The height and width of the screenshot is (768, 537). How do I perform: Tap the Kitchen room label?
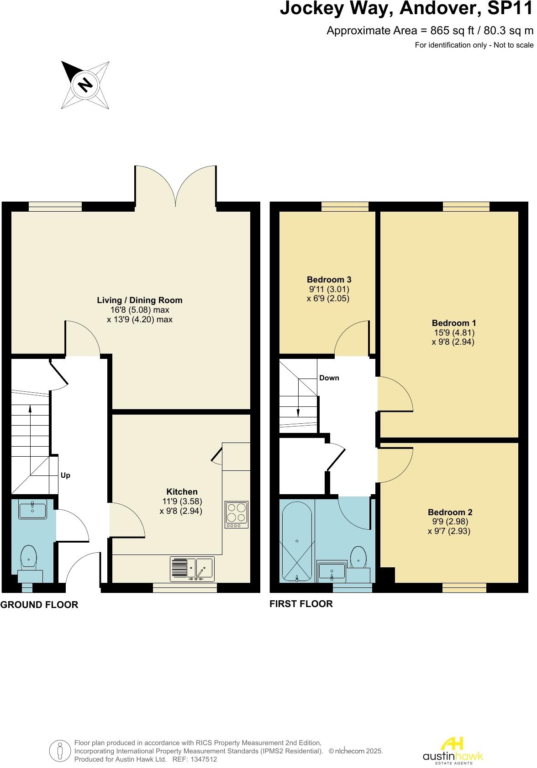click(182, 492)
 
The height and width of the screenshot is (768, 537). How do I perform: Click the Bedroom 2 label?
click(450, 512)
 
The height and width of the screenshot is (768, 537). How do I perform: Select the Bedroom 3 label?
click(329, 280)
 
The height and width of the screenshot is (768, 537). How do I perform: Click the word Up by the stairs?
click(65, 476)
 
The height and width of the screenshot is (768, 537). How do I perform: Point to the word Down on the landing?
click(329, 378)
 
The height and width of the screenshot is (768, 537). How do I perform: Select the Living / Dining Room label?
click(140, 300)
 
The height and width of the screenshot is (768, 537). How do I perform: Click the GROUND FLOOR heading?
click(39, 605)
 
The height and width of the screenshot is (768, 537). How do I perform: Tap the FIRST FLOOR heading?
click(301, 604)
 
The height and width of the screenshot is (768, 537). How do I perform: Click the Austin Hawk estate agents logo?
click(453, 750)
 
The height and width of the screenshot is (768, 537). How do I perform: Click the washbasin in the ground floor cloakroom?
click(33, 510)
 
